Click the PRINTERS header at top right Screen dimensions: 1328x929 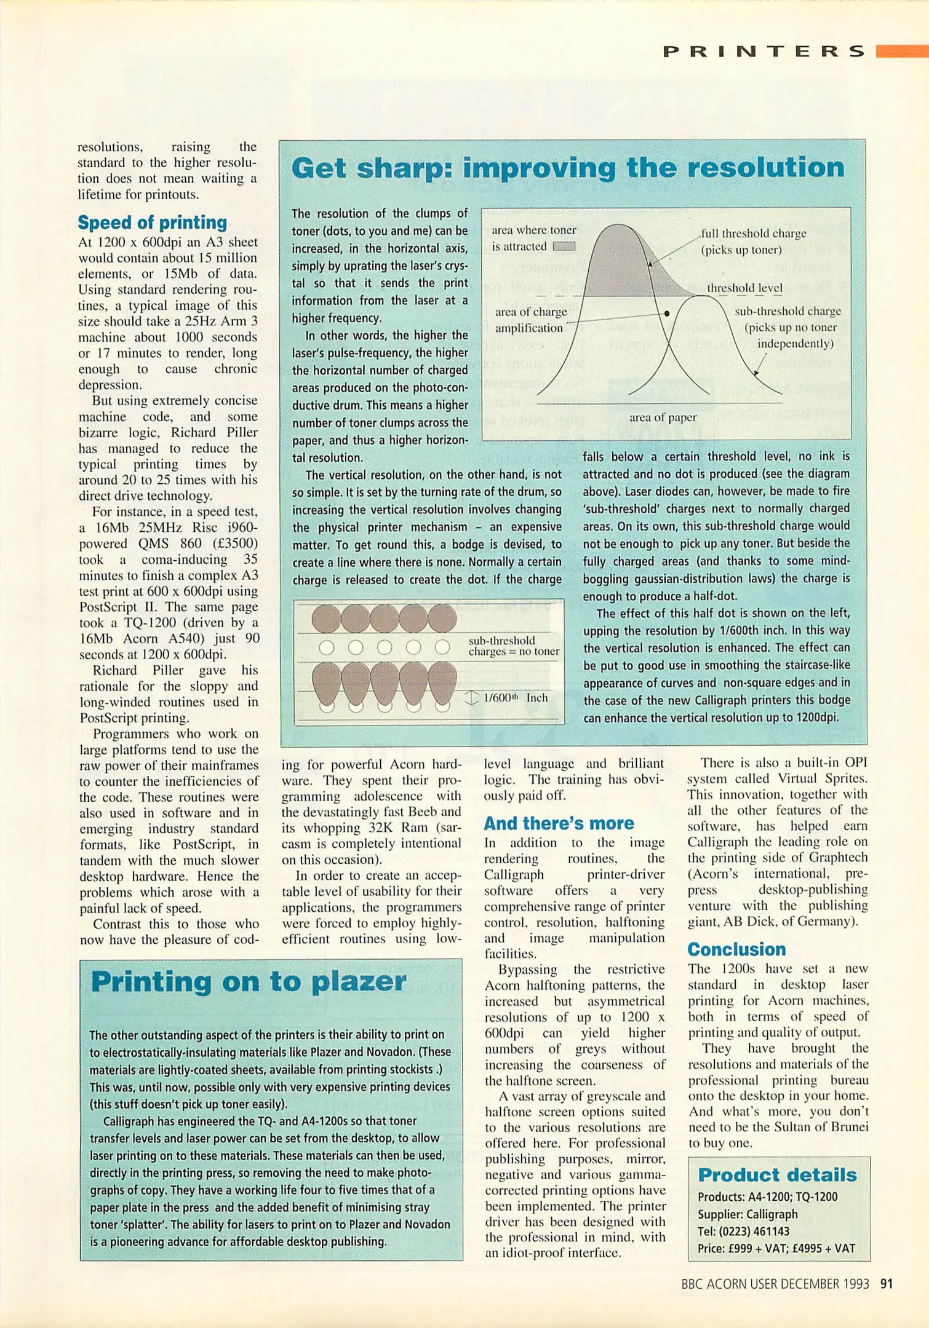tap(764, 52)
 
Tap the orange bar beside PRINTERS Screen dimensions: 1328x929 tap(901, 51)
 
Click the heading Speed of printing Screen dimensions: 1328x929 tap(152, 223)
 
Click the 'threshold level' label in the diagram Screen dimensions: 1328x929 tap(744, 288)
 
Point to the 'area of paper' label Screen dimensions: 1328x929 tap(663, 417)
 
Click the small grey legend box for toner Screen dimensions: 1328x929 tap(564, 247)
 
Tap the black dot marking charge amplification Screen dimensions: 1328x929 tap(667, 313)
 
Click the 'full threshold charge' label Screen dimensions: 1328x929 tap(753, 234)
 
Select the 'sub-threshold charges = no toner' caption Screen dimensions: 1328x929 tap(514, 646)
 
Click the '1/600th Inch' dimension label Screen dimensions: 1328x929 tap(515, 698)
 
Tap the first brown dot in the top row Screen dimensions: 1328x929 tap(326, 619)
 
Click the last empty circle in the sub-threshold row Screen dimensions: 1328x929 tap(442, 647)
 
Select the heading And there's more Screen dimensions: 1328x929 tap(559, 823)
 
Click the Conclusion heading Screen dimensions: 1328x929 tap(736, 949)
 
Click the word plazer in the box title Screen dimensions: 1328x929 tap(359, 982)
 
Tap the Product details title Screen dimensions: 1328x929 tap(777, 1175)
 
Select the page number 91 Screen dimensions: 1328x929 tap(887, 1284)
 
